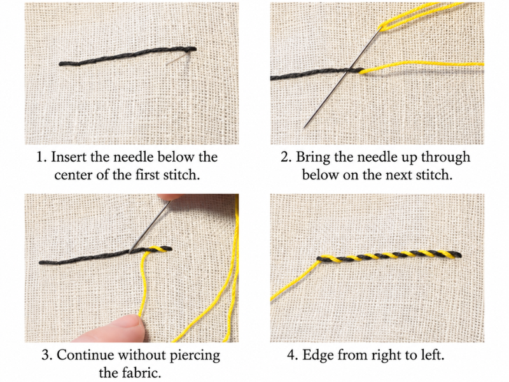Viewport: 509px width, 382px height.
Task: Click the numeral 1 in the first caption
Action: pyautogui.click(x=39, y=157)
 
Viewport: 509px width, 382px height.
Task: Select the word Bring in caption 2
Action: pyautogui.click(x=312, y=157)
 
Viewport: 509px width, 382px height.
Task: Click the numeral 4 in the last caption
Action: pyautogui.click(x=291, y=355)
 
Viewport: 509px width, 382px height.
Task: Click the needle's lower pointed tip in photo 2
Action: pyautogui.click(x=305, y=127)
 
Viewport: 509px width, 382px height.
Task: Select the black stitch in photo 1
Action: pyautogui.click(x=128, y=57)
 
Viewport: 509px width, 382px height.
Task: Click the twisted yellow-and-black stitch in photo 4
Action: pyautogui.click(x=389, y=257)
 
